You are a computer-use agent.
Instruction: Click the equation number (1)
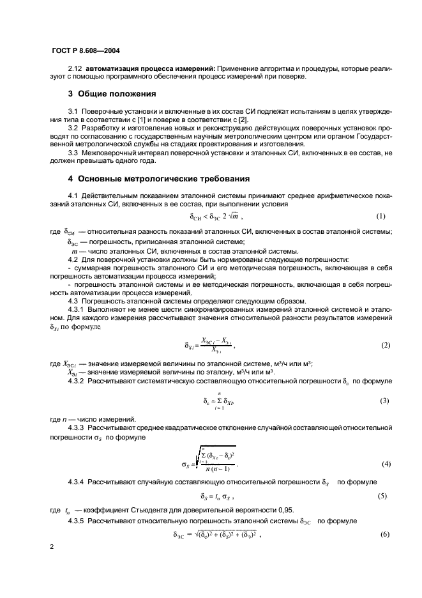pos(381,215)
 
